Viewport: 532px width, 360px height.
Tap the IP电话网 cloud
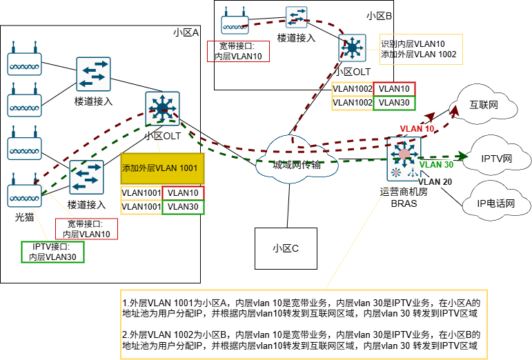click(496, 203)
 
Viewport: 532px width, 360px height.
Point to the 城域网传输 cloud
click(297, 164)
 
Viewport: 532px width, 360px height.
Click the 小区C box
click(285, 248)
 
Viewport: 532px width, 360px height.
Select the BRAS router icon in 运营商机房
click(404, 157)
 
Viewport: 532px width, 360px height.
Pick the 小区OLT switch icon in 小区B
click(353, 48)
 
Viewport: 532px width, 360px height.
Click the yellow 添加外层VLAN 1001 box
click(163, 168)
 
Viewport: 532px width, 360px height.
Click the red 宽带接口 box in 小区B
click(238, 52)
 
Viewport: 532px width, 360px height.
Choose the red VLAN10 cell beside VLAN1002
click(394, 89)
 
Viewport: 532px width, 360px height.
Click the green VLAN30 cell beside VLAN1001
click(183, 206)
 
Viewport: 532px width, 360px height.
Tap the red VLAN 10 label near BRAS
click(417, 128)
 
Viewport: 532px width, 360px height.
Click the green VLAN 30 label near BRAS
click(437, 165)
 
